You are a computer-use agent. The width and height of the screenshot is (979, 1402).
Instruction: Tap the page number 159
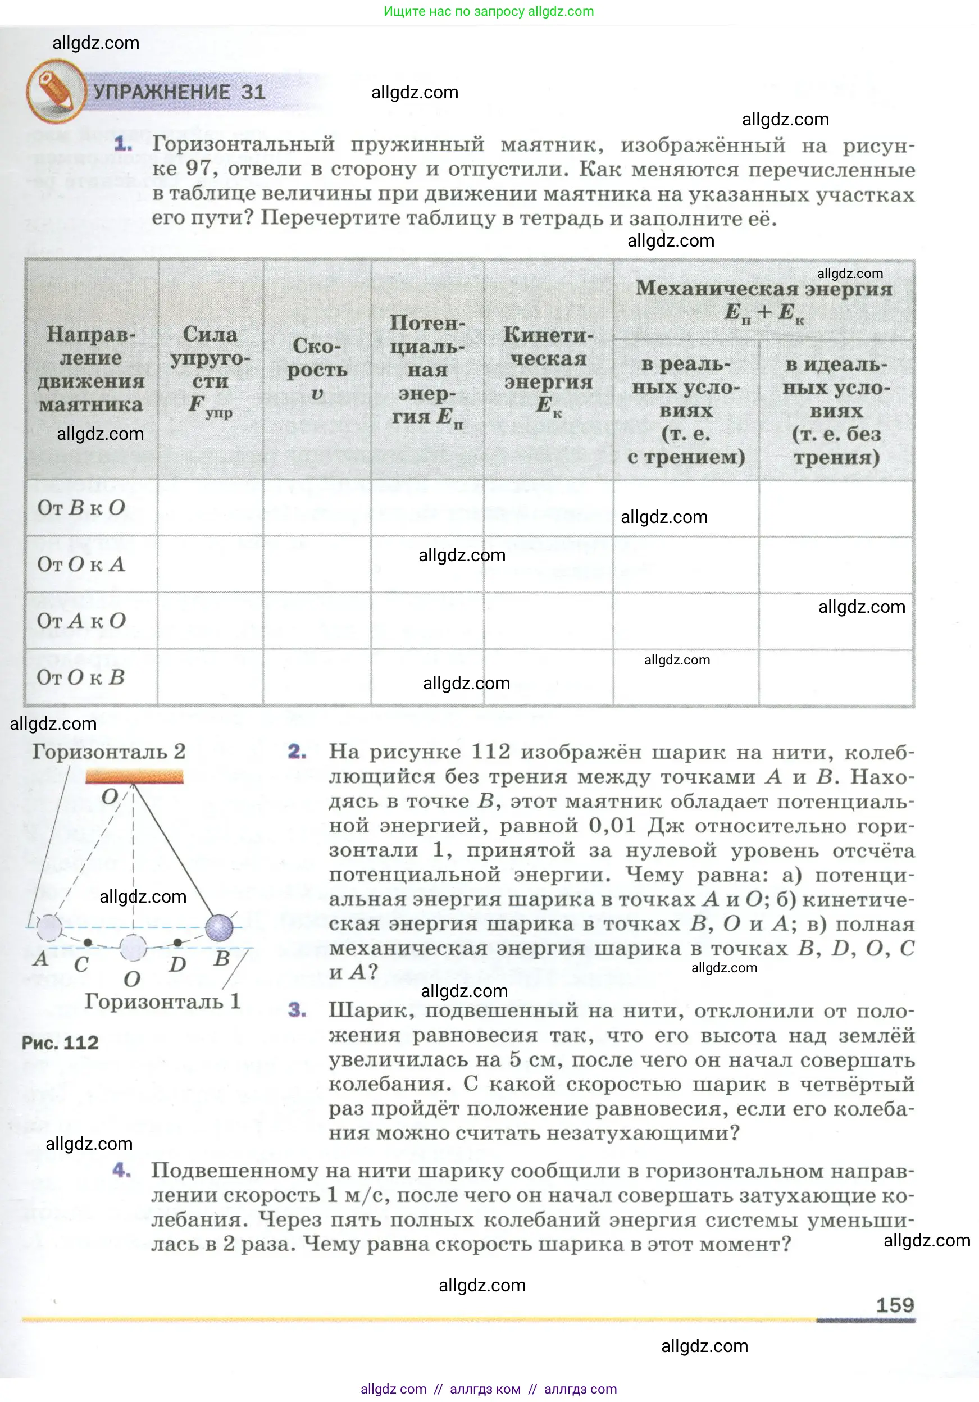(895, 1305)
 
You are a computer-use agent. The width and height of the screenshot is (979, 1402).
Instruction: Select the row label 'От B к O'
(81, 507)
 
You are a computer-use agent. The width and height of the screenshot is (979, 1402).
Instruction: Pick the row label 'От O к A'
(81, 564)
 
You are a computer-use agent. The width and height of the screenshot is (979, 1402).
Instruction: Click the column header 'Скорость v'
(317, 370)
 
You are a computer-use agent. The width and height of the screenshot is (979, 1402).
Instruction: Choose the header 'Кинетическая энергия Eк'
(548, 370)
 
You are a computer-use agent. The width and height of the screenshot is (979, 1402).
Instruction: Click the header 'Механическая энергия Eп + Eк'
(763, 300)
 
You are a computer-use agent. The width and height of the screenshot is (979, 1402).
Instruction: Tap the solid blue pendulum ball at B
(219, 927)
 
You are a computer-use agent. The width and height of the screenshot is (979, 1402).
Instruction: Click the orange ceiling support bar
(134, 777)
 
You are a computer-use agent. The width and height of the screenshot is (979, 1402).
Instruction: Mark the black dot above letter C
(88, 943)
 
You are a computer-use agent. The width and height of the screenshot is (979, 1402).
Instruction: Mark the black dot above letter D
(177, 943)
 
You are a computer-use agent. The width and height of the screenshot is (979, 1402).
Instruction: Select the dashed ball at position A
(49, 927)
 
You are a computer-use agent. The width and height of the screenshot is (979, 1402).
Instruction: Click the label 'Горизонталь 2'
(109, 751)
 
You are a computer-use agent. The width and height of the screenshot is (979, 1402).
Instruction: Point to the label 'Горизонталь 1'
(162, 1002)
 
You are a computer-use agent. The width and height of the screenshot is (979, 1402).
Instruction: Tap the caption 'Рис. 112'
(60, 1043)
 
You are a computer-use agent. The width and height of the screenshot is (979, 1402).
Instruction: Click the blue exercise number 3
(297, 1010)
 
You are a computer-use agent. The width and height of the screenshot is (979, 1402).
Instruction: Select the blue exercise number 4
(121, 1171)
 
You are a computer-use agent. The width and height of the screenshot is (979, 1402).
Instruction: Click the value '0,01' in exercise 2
(612, 826)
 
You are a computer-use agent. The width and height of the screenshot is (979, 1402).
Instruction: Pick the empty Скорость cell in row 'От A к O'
(317, 621)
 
